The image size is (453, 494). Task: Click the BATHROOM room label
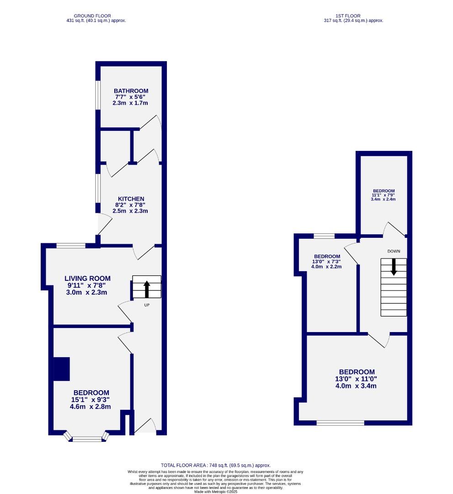(x=131, y=91)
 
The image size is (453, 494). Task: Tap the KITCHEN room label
(x=131, y=199)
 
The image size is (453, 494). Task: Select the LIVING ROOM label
(x=87, y=278)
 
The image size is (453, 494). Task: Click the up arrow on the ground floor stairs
(x=147, y=289)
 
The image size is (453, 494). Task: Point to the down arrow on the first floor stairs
(x=394, y=267)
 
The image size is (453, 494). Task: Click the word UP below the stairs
(x=147, y=305)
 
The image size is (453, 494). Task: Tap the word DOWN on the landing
(x=394, y=251)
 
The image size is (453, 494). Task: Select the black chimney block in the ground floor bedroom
(x=62, y=369)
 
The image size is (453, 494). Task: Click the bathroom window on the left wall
(x=98, y=96)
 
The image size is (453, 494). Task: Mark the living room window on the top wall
(x=71, y=246)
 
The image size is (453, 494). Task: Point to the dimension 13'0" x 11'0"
(x=357, y=379)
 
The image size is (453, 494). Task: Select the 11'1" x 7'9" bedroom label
(x=384, y=195)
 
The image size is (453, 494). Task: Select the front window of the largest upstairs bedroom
(x=340, y=423)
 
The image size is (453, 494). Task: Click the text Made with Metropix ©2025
(x=216, y=492)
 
